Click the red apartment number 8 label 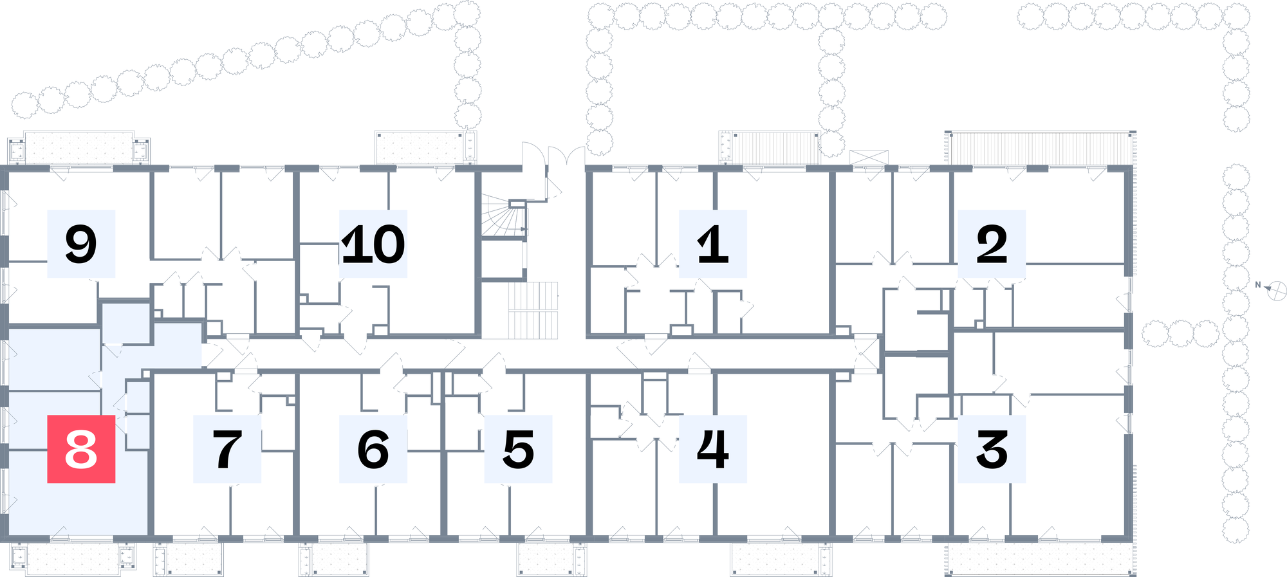click(81, 449)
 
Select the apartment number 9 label click(81, 244)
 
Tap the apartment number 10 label click(373, 244)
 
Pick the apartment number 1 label click(713, 244)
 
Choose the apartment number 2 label click(992, 244)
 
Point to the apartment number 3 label click(992, 449)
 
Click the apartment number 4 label click(713, 449)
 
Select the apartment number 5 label click(519, 449)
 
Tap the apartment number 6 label click(373, 449)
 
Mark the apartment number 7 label click(227, 449)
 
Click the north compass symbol click(1276, 291)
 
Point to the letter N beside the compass click(1258, 284)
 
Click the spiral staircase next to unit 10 click(504, 216)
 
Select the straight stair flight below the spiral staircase click(533, 310)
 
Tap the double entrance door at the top click(553, 169)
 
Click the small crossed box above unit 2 click(869, 158)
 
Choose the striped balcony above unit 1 click(770, 148)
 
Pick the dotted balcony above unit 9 click(80, 149)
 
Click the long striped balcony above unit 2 click(1041, 148)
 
